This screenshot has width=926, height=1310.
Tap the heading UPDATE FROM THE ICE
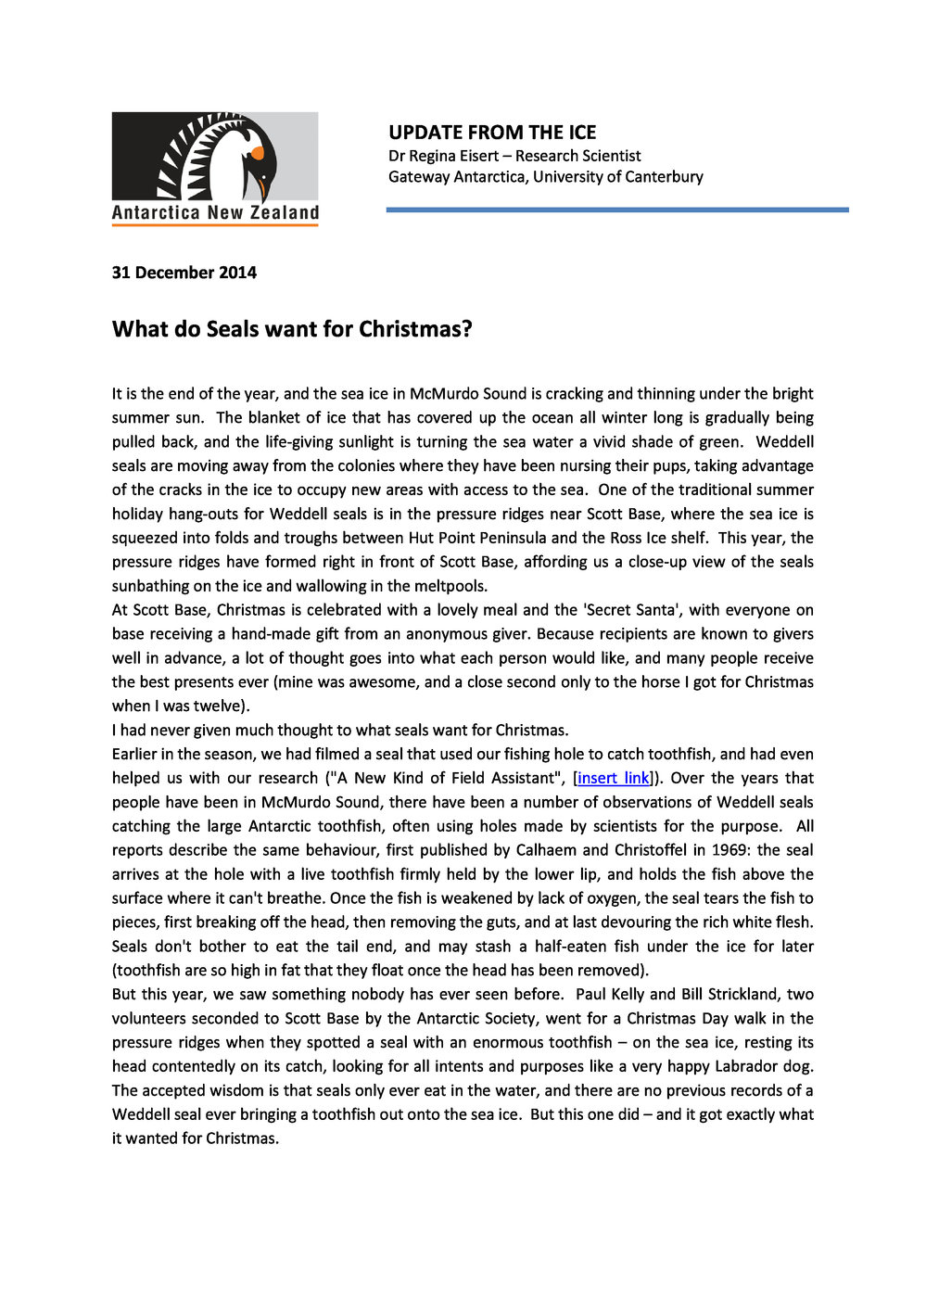tap(492, 133)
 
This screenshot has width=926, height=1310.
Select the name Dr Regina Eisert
tap(443, 156)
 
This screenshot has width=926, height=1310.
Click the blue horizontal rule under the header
tap(616, 210)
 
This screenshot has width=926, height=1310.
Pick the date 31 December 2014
tap(184, 273)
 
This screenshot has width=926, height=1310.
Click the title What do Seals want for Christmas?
tap(292, 329)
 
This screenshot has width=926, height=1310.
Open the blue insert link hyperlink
tap(614, 778)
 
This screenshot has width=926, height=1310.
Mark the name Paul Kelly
tap(610, 994)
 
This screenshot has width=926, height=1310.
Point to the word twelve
tap(219, 706)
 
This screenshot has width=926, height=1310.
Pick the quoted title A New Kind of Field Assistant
tap(443, 778)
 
